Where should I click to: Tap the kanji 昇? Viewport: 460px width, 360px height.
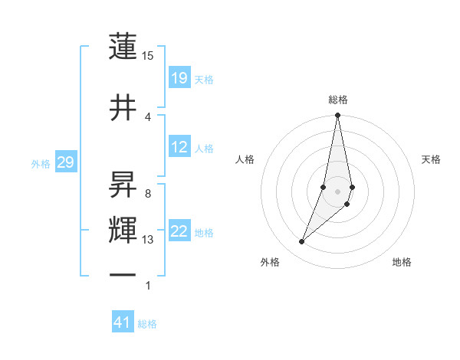coord(123,182)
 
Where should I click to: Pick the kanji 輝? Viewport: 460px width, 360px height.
coord(123,231)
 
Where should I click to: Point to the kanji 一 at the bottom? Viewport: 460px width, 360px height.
coord(123,274)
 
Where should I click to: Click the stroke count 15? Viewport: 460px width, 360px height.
coord(148,56)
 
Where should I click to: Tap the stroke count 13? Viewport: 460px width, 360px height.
coord(148,240)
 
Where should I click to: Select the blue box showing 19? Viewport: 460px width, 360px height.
coord(179,77)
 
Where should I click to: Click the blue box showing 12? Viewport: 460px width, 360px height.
coord(179,147)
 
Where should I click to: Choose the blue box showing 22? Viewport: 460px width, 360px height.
coord(179,231)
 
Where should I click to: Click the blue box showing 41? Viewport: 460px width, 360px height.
coord(123,322)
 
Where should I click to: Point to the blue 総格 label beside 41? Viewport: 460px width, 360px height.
coord(147,324)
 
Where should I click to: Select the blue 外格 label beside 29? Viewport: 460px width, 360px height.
coord(40,163)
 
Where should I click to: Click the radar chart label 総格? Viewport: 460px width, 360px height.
coord(338,100)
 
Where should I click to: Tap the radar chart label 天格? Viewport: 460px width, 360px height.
coord(432,159)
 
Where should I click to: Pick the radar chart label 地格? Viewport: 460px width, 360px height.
coord(402,262)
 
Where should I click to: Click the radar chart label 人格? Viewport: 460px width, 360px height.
coord(245,159)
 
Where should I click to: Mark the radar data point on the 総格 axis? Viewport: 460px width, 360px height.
coord(337,116)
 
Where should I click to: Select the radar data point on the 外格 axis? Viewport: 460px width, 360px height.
coord(301,242)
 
